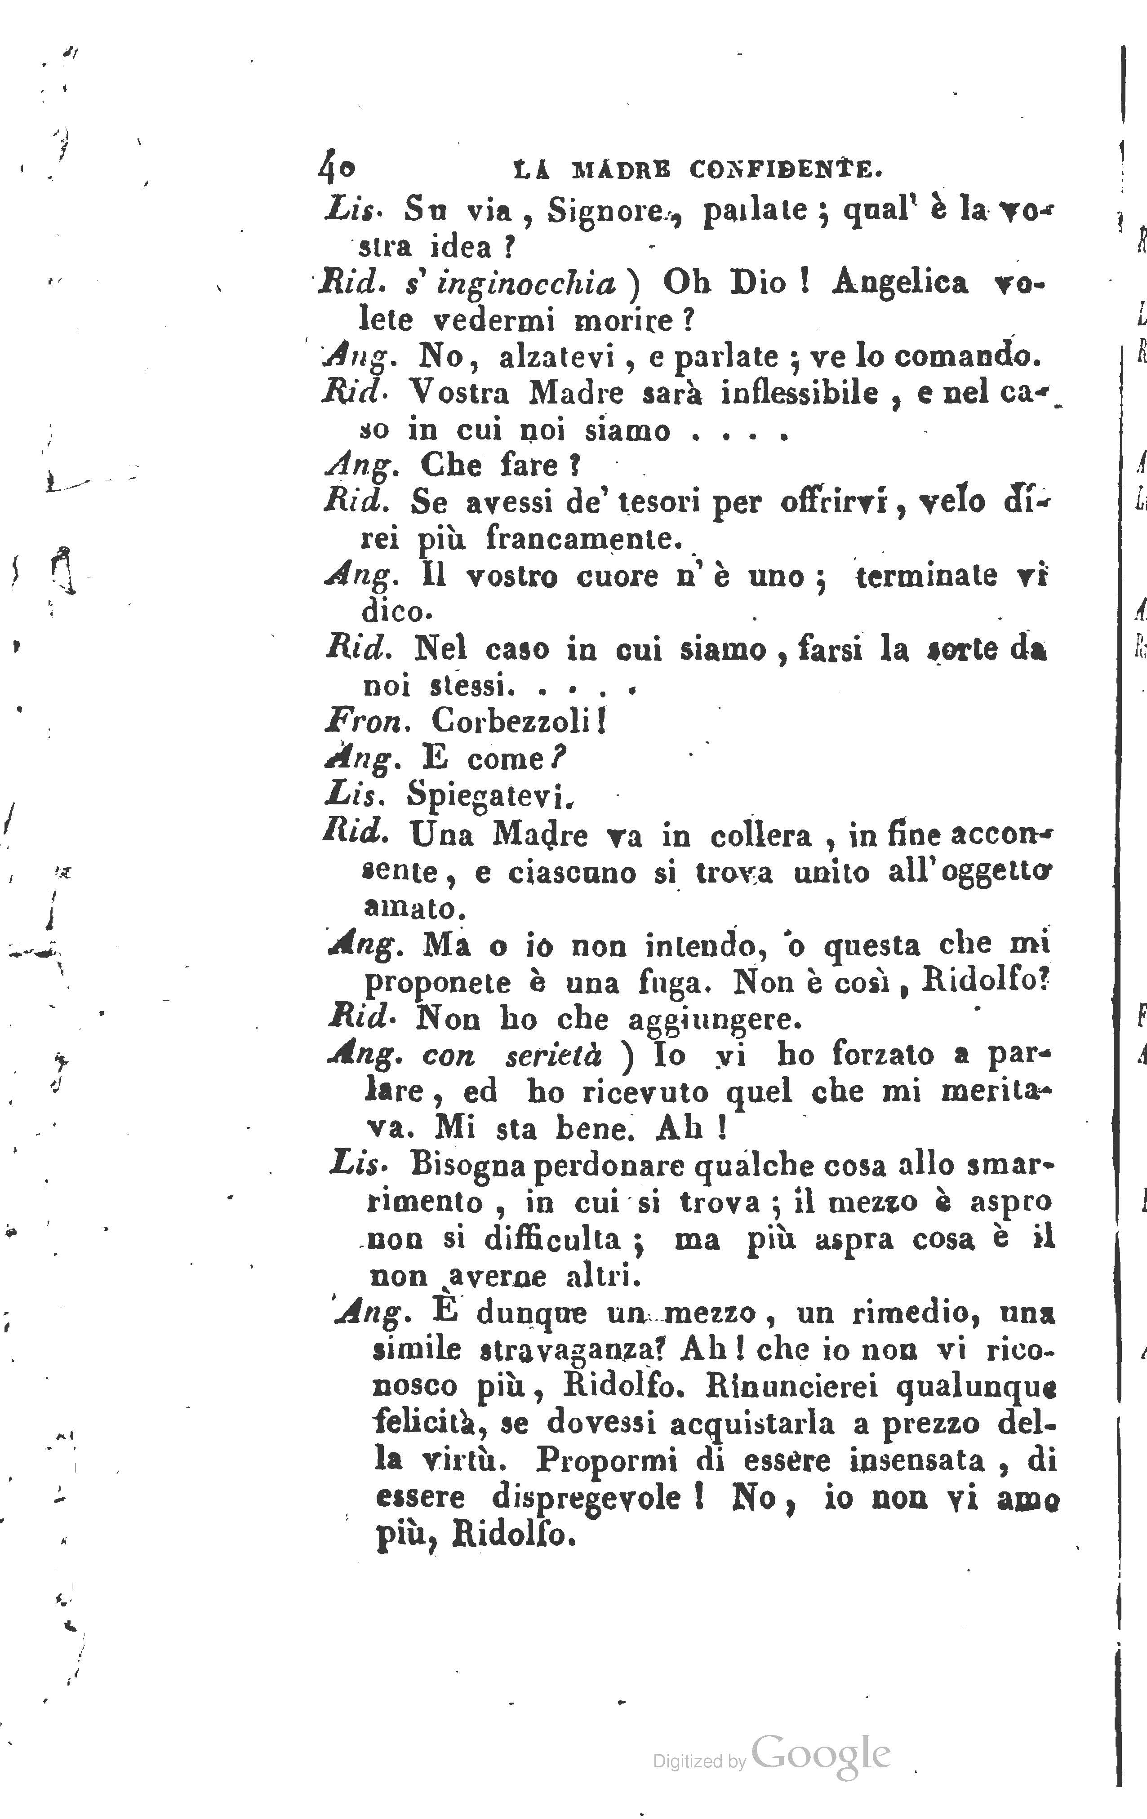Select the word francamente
coord(583,539)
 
